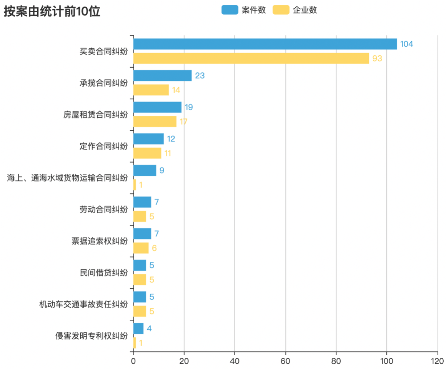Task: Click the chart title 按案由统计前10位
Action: [x=52, y=12]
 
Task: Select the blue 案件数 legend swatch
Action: [x=230, y=10]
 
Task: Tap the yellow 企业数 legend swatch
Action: [x=281, y=10]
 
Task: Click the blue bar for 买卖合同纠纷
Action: [x=265, y=44]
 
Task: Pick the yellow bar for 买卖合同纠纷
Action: [x=251, y=58]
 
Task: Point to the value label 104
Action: [x=406, y=44]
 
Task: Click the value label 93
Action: [x=377, y=59]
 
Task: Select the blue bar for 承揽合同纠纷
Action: [x=162, y=76]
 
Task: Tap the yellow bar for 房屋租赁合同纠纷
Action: [x=155, y=121]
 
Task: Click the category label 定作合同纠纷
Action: [x=103, y=146]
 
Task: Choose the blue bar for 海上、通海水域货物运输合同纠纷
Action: [x=145, y=170]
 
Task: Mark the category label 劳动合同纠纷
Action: [x=103, y=209]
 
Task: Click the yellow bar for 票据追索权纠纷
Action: [x=141, y=248]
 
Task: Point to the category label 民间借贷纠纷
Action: [x=103, y=273]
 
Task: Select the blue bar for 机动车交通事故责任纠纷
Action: [x=140, y=297]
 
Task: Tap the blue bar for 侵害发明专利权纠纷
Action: [x=138, y=329]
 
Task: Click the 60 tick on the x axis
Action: [x=285, y=361]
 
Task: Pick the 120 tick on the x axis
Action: [x=438, y=361]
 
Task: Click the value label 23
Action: [x=200, y=76]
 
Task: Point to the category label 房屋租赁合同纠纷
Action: [x=95, y=115]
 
